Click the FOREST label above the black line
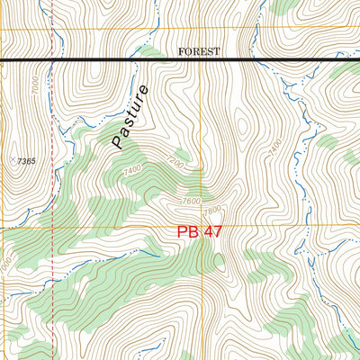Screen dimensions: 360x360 (x=199, y=52)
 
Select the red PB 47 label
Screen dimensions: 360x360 (x=199, y=232)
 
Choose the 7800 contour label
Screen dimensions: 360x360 (x=212, y=211)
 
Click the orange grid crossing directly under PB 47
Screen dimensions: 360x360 (x=202, y=227)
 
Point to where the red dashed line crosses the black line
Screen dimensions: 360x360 (x=51, y=60)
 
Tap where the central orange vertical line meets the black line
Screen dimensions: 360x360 (x=202, y=60)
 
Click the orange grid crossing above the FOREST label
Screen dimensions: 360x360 (x=202, y=30)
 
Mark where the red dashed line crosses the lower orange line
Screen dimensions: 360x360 (x=51, y=227)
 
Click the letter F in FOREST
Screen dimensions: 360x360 (x=181, y=52)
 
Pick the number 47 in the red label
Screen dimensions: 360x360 (x=212, y=232)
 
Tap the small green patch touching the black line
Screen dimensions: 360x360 (x=151, y=54)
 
